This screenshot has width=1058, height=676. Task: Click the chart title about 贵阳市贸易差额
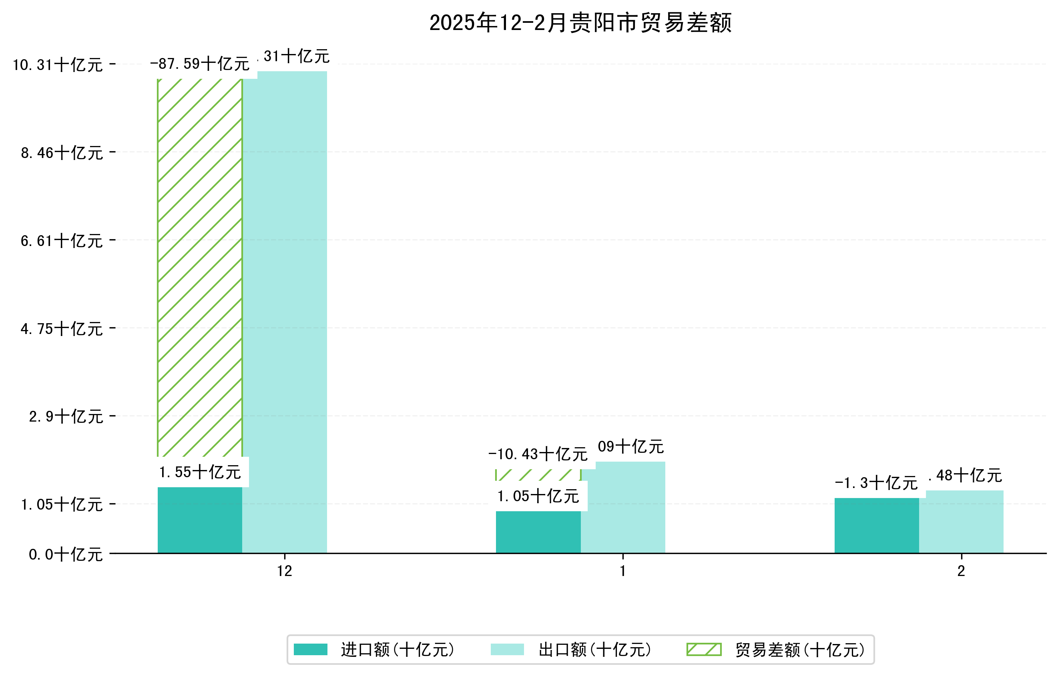580,23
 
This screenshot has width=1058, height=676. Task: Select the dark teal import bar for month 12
199,520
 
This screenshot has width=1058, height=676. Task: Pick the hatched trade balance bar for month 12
199,268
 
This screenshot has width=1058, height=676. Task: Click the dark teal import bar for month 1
538,532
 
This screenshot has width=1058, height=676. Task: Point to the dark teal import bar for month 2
877,526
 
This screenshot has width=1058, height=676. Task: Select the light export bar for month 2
962,522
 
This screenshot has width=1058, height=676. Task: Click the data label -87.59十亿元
199,64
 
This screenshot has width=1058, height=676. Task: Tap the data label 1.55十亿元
199,472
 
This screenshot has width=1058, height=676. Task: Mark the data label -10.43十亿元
538,454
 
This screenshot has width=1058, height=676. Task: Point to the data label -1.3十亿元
876,483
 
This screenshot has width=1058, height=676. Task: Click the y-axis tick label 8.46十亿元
62,153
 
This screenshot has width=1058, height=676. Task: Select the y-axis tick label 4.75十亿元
62,329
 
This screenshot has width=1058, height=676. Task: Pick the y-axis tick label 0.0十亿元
66,554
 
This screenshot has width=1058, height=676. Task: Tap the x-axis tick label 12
285,571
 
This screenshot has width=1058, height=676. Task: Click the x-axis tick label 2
962,571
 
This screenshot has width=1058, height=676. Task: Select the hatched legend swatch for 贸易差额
704,649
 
